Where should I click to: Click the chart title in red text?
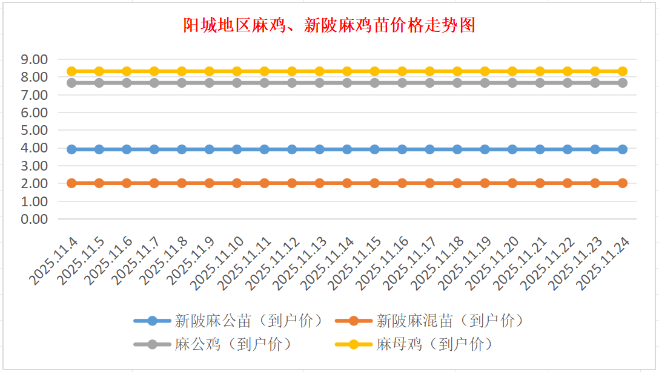pos(329,25)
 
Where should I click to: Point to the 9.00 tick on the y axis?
pos(34,59)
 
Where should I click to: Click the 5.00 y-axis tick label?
pos(34,130)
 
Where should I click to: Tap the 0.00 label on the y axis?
pos(34,219)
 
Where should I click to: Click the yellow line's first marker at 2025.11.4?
pos(71,71)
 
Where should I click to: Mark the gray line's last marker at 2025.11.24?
pos(622,83)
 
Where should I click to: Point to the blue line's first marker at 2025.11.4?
pos(71,149)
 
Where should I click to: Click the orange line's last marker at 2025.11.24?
pos(622,183)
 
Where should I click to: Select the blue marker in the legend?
pos(152,321)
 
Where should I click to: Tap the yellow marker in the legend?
pos(354,345)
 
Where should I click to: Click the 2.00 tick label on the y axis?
pos(34,183)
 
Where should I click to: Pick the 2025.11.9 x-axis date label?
pos(192,260)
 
